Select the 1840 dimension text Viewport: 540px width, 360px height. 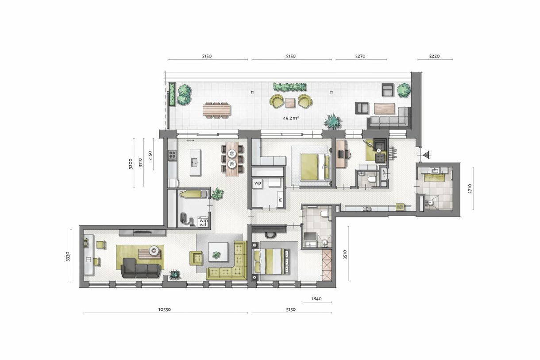tap(317, 299)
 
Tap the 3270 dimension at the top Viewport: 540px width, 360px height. tap(360, 56)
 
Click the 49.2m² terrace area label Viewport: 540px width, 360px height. tap(291, 118)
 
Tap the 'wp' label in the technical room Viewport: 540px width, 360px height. tap(258, 182)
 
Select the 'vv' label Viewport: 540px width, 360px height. tap(280, 199)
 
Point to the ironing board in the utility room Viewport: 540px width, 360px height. tap(193, 193)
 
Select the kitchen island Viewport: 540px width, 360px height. tap(195, 158)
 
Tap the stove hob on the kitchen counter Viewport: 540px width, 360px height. tap(172, 155)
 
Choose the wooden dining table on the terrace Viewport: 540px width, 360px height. tap(217, 108)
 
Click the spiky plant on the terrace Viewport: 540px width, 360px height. tap(332, 120)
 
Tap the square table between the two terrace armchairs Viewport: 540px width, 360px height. tap(290, 103)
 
